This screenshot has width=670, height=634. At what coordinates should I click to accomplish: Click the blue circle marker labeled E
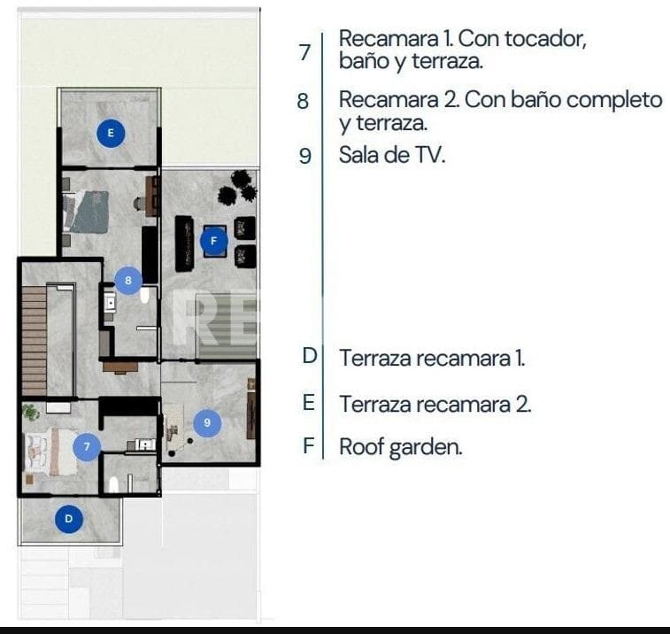pos(111,133)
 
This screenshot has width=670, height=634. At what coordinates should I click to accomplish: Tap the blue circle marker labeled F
pos(213,241)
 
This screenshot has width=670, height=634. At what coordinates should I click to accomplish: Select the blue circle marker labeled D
pos(69,519)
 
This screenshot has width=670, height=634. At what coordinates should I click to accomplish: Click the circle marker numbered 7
pos(87,447)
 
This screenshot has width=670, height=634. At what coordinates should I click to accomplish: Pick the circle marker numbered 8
pos(128,281)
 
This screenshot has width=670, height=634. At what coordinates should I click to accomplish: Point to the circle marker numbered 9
pos(207,422)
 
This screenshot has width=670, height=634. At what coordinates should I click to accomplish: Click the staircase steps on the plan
pos(35,341)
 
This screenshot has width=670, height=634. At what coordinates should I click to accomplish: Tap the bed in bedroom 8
pos(86,212)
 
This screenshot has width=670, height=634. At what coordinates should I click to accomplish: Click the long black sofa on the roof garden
pos(184,244)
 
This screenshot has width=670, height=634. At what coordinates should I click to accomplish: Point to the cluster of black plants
pos(237,188)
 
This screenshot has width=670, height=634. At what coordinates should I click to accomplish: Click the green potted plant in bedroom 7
pos(31,413)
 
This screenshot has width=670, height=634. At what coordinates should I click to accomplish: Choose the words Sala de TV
pos(392,155)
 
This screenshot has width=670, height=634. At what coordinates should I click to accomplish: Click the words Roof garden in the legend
pos(401,447)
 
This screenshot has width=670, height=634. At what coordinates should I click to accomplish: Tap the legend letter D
pos(310,356)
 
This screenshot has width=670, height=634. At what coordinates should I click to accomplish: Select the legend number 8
pos(303,101)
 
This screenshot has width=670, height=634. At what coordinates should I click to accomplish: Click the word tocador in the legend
pos(546,39)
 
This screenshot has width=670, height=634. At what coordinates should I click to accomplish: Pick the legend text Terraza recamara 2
pos(435,405)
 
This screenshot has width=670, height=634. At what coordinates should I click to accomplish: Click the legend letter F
pos(309,446)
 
